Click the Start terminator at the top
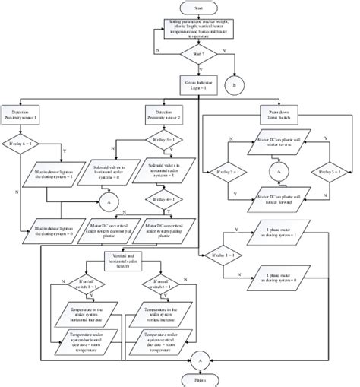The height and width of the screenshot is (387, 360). (198, 8)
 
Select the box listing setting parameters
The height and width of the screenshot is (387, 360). (198, 30)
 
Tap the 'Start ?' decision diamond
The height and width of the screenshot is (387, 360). (198, 54)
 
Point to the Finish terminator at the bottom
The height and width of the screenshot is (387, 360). (198, 379)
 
